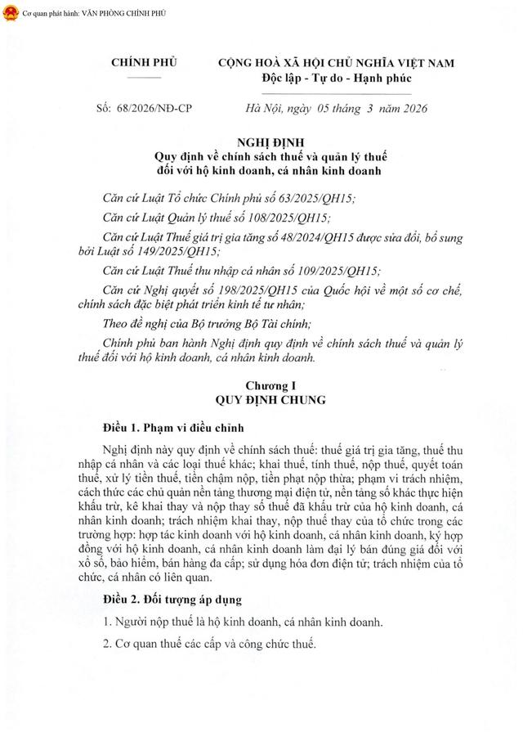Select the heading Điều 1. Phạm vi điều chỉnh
point(172,428)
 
